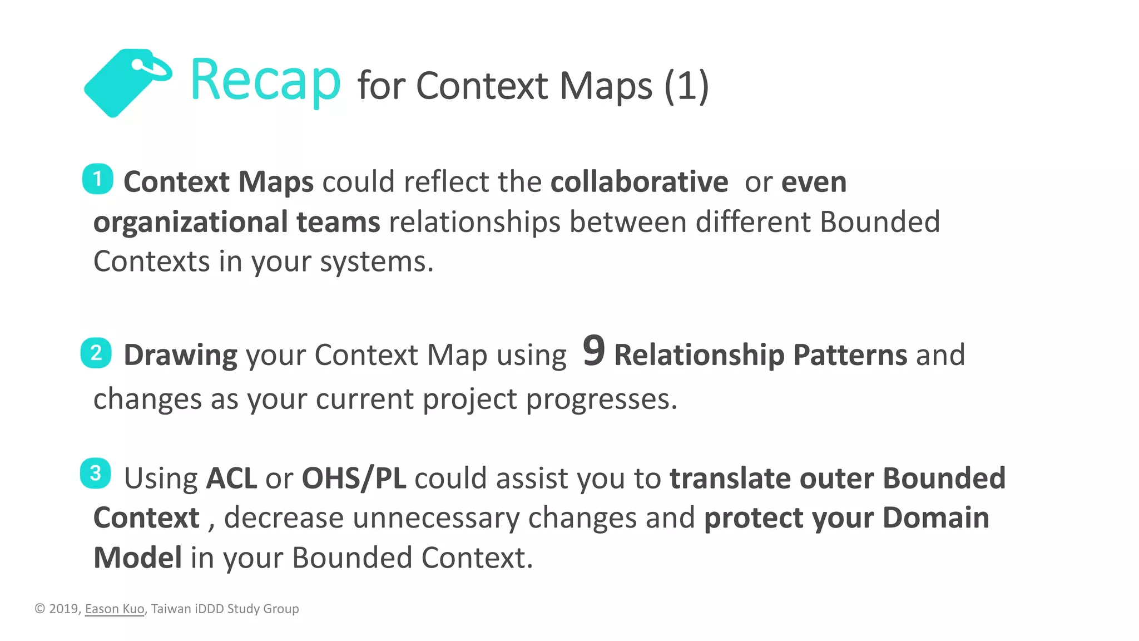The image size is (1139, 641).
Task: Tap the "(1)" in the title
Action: click(x=686, y=86)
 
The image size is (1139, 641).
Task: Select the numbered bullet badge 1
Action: click(x=98, y=179)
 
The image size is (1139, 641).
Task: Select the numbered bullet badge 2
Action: click(x=96, y=353)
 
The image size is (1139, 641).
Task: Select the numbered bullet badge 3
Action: click(x=96, y=474)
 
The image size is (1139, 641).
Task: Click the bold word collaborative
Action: click(x=639, y=182)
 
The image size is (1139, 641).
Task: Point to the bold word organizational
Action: click(x=190, y=222)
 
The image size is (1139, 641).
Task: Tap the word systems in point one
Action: click(x=376, y=262)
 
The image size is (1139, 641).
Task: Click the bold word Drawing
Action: click(x=180, y=355)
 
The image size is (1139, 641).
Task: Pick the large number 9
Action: click(x=593, y=351)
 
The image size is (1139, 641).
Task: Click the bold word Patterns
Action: click(x=850, y=355)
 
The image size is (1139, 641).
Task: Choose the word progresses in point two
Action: click(x=601, y=400)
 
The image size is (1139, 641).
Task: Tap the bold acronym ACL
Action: click(x=231, y=479)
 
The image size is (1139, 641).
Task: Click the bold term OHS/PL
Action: click(x=354, y=479)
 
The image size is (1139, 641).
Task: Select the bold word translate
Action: click(x=730, y=479)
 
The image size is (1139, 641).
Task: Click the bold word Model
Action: click(x=137, y=558)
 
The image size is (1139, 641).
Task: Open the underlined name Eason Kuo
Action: click(x=115, y=609)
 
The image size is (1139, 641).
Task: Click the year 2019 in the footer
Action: click(x=65, y=609)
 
